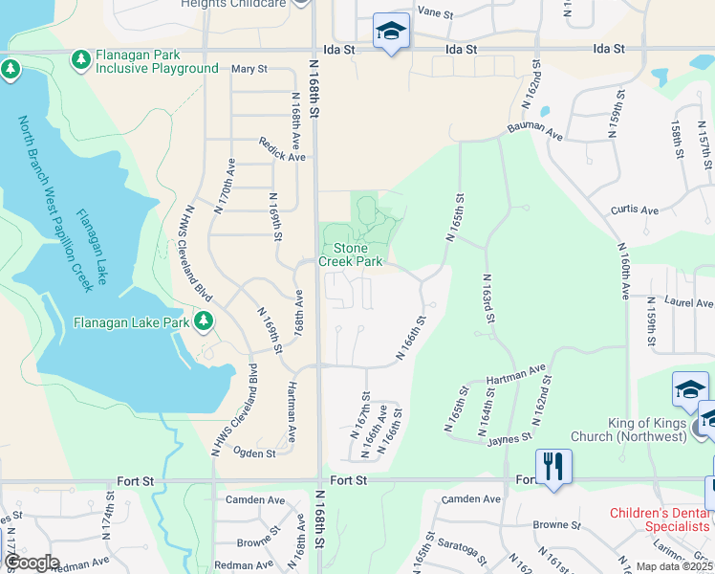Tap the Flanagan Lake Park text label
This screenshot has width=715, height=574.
[x=131, y=322]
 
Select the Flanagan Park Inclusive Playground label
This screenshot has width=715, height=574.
[x=157, y=61]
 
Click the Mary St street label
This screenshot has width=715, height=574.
[x=249, y=69]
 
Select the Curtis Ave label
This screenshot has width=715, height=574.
[x=635, y=210]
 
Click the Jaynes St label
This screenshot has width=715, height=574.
[x=508, y=436]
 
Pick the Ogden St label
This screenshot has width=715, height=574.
[x=256, y=453]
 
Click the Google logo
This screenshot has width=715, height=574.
[x=31, y=563]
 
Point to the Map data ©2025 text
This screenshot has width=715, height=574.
[x=673, y=566]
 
